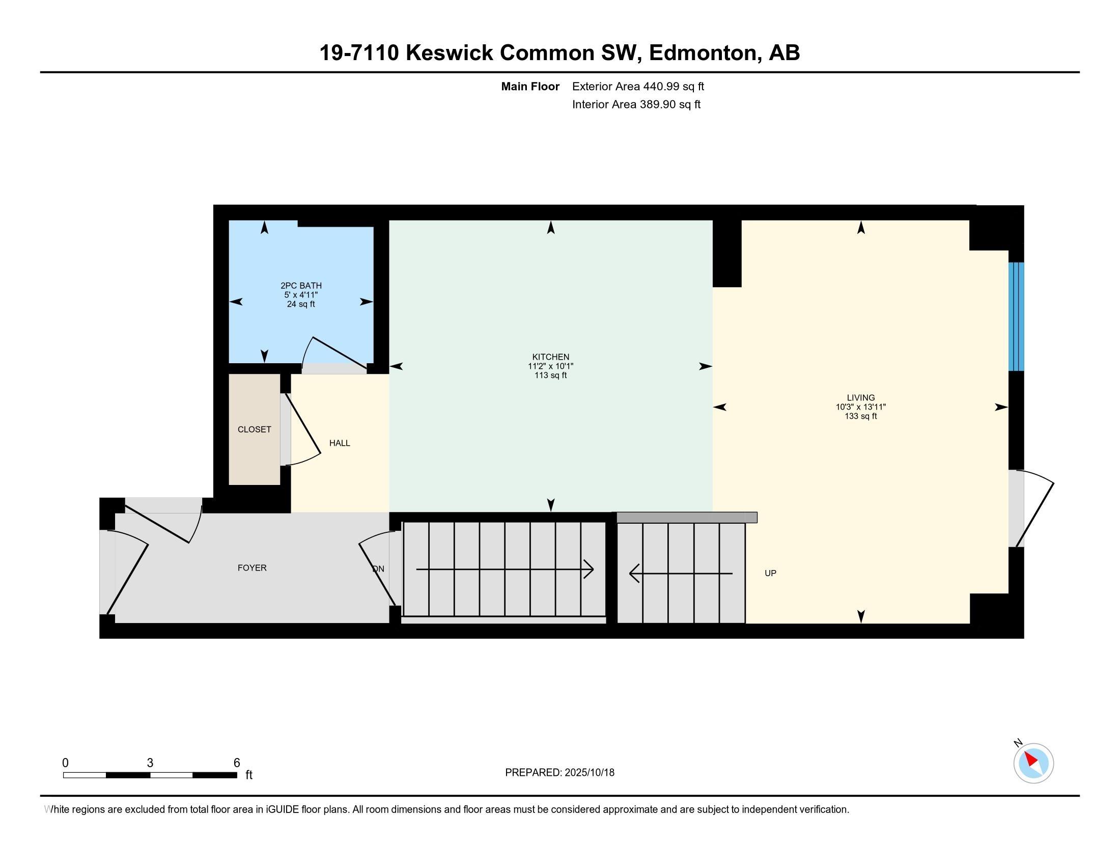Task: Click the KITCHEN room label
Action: (550, 357)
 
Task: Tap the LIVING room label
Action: (860, 398)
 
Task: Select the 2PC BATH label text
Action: (301, 286)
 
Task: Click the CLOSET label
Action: (255, 429)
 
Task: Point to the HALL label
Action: (340, 443)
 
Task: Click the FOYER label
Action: (252, 568)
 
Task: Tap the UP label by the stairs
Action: (770, 573)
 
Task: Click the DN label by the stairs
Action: (378, 569)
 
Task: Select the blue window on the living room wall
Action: (1016, 316)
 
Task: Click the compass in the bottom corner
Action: (1033, 763)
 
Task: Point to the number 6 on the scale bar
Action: (236, 763)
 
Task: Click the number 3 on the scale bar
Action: (150, 763)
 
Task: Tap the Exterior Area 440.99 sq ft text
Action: (638, 87)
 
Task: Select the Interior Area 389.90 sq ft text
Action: (636, 104)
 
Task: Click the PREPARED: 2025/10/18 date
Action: (559, 773)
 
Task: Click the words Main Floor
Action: (530, 87)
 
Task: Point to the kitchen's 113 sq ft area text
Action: (550, 375)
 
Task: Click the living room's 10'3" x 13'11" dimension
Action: (860, 407)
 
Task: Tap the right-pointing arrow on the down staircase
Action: (588, 569)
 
